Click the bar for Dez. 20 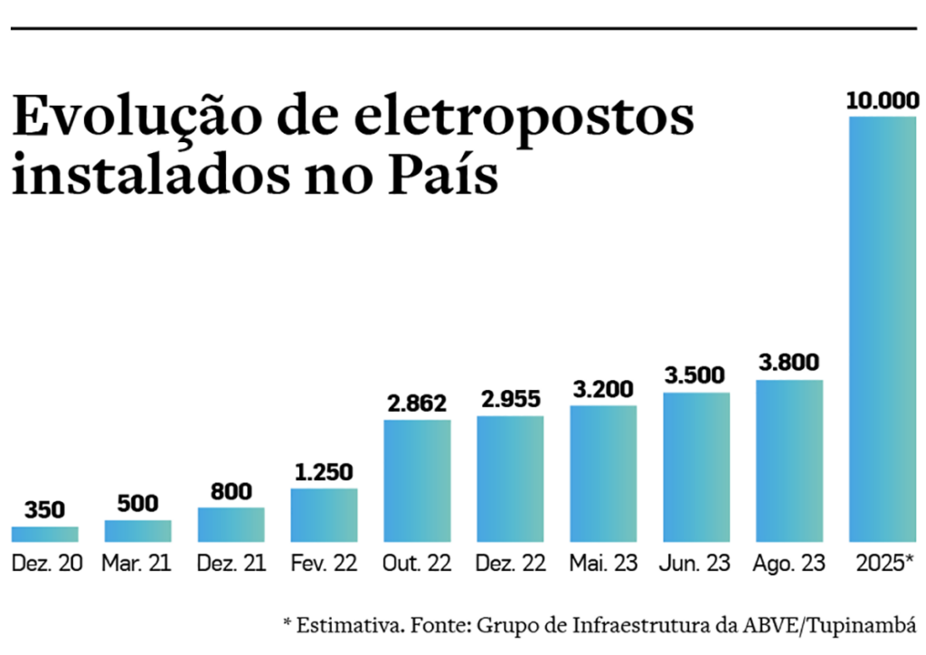(x=45, y=534)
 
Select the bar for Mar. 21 (x=137, y=531)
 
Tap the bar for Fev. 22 (x=324, y=515)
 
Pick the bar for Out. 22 (x=417, y=480)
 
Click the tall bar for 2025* (x=883, y=329)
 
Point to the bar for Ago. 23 (x=789, y=460)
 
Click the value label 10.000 (x=883, y=100)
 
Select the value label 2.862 (x=417, y=403)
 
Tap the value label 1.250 (x=324, y=472)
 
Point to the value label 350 (x=45, y=510)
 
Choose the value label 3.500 (x=696, y=375)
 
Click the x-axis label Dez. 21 (x=231, y=564)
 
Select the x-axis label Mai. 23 (x=603, y=564)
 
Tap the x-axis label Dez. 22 (x=510, y=564)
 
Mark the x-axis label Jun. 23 (x=696, y=564)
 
